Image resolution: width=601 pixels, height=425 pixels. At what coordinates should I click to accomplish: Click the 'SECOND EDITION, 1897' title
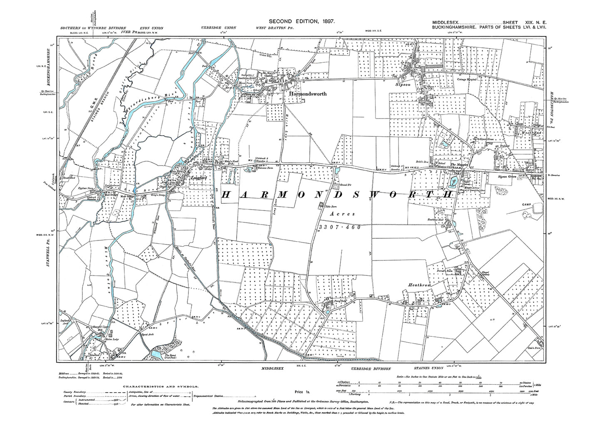(299, 21)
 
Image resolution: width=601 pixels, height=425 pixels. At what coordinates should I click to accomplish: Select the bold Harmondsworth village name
(307, 94)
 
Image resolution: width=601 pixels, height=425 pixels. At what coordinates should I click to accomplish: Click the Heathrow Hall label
(443, 219)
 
